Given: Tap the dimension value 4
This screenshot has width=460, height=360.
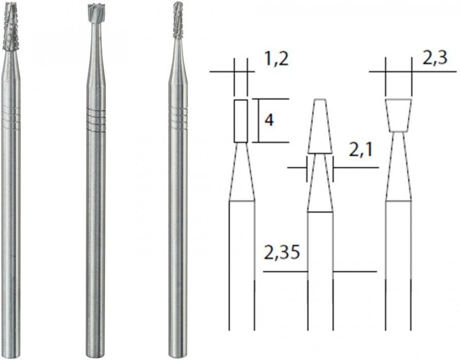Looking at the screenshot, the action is (269, 120).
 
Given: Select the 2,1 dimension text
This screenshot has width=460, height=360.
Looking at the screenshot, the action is (361, 151).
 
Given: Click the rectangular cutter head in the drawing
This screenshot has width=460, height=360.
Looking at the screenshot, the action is (241, 121).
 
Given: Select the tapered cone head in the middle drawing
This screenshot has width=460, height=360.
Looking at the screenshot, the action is (320, 126).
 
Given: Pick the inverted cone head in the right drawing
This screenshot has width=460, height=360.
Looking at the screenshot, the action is (399, 115).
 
